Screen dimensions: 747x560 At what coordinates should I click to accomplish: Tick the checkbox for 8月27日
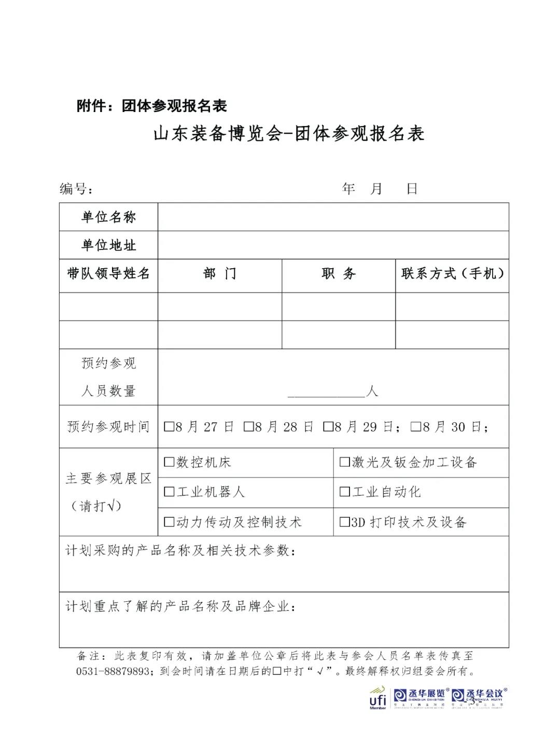169,427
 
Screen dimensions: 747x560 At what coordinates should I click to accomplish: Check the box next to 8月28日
248,427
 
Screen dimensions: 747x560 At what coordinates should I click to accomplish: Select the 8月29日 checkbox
328,427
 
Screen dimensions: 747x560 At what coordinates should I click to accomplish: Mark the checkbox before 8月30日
415,427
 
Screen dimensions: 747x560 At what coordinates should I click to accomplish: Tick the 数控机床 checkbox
169,462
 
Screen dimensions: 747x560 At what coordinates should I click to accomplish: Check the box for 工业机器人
169,492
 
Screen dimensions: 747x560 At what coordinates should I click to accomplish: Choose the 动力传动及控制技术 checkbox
169,522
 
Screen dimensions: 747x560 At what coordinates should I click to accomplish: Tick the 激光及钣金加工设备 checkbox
344,462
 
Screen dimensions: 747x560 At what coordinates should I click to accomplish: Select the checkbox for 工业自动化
344,492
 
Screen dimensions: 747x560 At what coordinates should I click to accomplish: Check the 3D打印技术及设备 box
344,522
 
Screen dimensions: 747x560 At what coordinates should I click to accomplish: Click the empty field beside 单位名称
333,217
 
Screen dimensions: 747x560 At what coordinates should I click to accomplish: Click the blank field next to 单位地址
333,245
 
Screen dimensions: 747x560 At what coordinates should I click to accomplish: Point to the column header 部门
220,274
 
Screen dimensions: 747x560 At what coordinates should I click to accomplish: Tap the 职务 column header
339,274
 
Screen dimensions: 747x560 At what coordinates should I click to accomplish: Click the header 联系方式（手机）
452,274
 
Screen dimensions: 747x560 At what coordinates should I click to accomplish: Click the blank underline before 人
326,392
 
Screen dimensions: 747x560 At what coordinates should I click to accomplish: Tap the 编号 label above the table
76,189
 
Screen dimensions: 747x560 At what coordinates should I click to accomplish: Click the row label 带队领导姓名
108,274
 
